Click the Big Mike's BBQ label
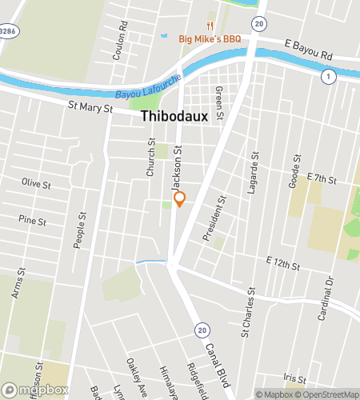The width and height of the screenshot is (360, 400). coord(210,38)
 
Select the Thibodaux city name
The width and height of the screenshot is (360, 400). coord(174,116)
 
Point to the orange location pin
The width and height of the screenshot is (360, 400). coord(180,199)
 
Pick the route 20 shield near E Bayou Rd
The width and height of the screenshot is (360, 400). coord(258,25)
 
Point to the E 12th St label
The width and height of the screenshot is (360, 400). coord(283,264)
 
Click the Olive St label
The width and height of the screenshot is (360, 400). coord(37,184)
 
